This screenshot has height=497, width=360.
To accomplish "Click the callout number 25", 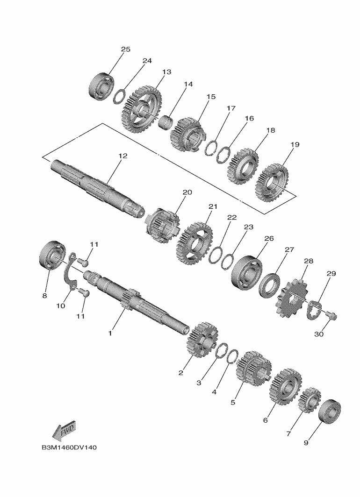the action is pyautogui.click(x=126, y=49).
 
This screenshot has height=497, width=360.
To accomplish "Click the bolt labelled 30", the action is pyautogui.click(x=331, y=315).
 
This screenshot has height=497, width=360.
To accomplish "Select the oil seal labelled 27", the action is pyautogui.click(x=270, y=285).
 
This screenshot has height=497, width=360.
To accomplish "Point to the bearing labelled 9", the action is pyautogui.click(x=330, y=411).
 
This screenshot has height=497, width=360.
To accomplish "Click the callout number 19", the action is pyautogui.click(x=295, y=144).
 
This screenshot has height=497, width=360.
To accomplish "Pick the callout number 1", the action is pyautogui.click(x=110, y=334).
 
